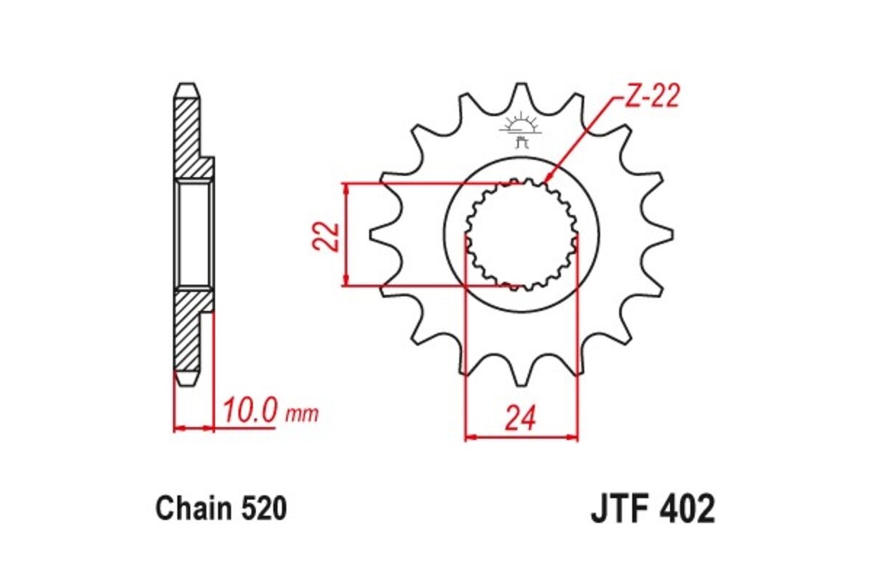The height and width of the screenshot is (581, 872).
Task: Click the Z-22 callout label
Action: [x=650, y=96]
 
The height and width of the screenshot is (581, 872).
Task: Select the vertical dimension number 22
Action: [x=327, y=234]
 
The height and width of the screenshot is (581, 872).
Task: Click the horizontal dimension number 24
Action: [x=521, y=418]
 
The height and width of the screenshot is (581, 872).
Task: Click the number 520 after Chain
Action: [x=263, y=508]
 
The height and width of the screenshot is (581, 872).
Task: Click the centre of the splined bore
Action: [x=521, y=234]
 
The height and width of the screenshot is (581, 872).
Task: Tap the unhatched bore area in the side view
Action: [x=194, y=234]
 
